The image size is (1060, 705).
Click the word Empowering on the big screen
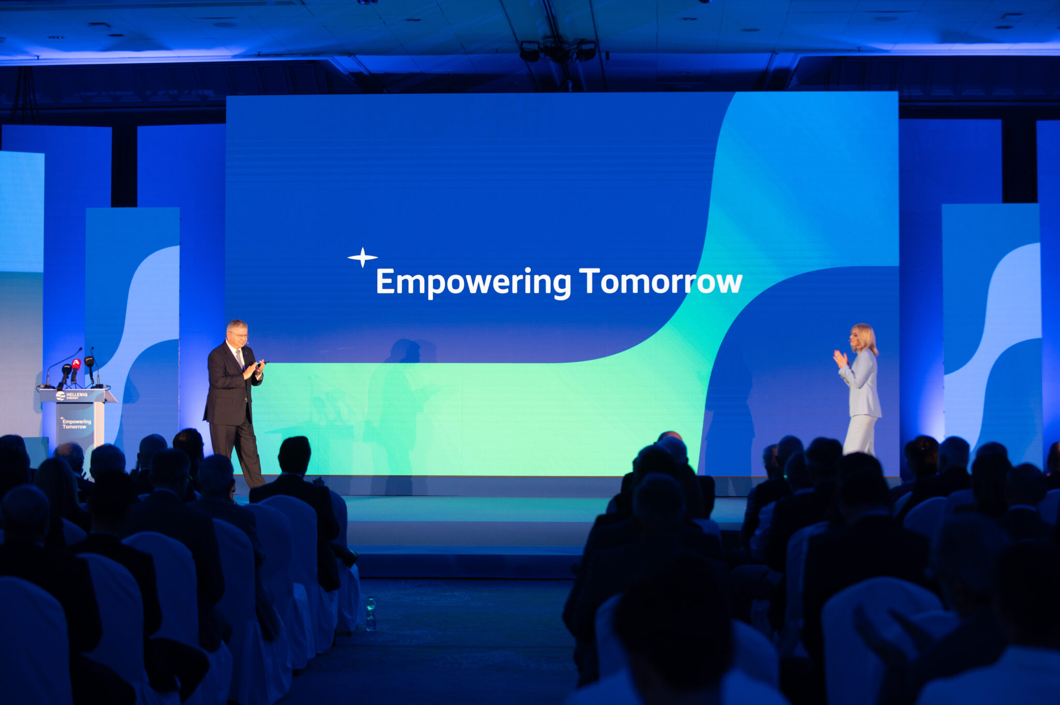coord(473,283)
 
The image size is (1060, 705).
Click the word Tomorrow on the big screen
coord(661,281)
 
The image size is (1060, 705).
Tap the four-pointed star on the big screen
coord(362,257)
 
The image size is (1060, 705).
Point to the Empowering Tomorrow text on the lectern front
coord(76,424)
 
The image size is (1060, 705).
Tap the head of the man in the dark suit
coord(237,333)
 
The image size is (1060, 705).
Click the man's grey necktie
coord(239,358)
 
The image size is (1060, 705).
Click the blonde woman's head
coord(863,338)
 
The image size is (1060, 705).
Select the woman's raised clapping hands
coord(840,358)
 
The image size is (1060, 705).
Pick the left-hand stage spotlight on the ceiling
coord(530,52)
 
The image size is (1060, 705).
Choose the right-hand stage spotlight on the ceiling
coord(586,51)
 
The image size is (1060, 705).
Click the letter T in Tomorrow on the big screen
coord(589,280)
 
